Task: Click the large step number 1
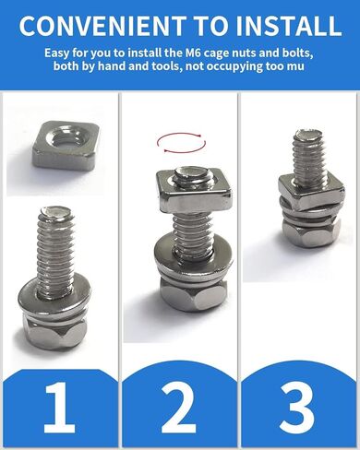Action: [57, 407]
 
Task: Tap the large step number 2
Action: [179, 407]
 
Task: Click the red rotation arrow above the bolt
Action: [180, 141]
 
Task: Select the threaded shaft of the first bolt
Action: [57, 244]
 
